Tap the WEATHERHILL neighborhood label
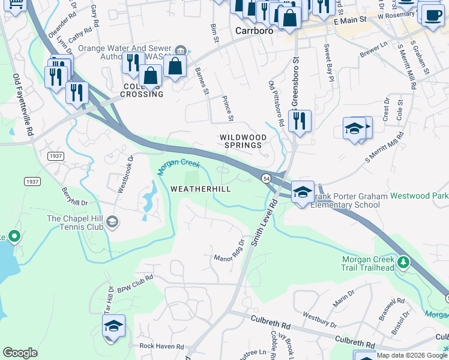[200, 188]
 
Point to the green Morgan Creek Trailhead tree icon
[405, 263]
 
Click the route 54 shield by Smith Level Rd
[265, 178]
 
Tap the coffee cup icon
[432, 16]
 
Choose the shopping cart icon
[16, 5]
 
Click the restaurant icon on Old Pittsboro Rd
[300, 121]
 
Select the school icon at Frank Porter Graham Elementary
[303, 192]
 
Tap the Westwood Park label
[419, 196]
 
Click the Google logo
[20, 353]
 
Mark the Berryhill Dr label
[74, 196]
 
